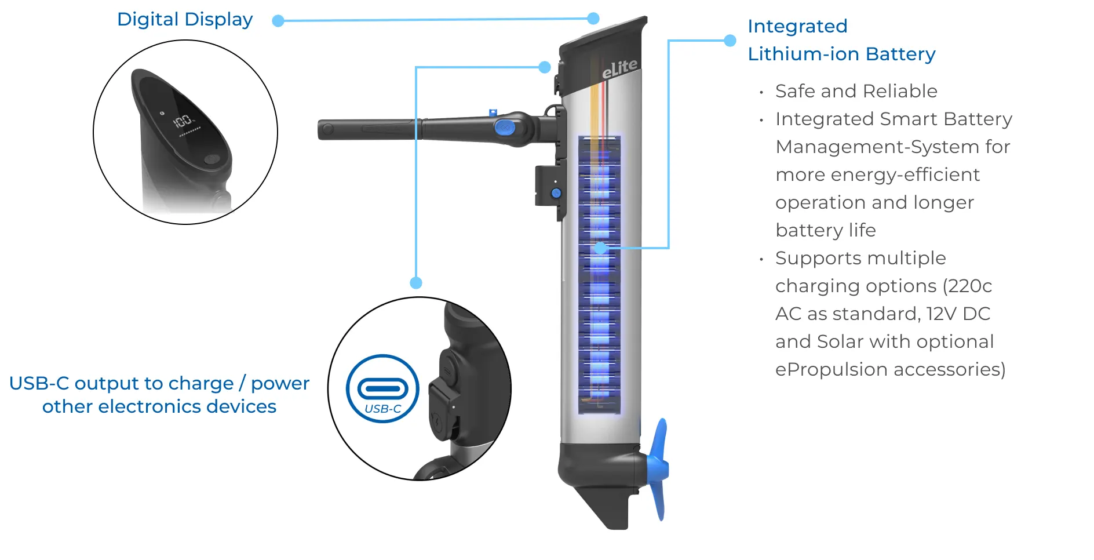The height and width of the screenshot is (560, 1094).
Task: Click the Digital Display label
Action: click(x=185, y=20)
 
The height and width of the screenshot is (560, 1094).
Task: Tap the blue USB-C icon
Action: click(x=382, y=388)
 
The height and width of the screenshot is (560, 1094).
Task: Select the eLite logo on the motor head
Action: click(x=619, y=69)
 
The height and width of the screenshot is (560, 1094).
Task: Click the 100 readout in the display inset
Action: click(x=182, y=121)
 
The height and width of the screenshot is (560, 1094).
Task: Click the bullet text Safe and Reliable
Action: click(x=856, y=91)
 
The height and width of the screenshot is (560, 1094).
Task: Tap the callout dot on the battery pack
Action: click(x=601, y=248)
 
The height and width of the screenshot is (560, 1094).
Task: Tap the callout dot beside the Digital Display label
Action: click(x=278, y=21)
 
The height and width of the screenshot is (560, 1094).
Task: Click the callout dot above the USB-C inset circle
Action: click(x=416, y=283)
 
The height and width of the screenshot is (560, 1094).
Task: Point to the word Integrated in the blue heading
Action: click(x=797, y=26)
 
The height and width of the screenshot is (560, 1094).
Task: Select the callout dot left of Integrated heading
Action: click(x=730, y=41)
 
